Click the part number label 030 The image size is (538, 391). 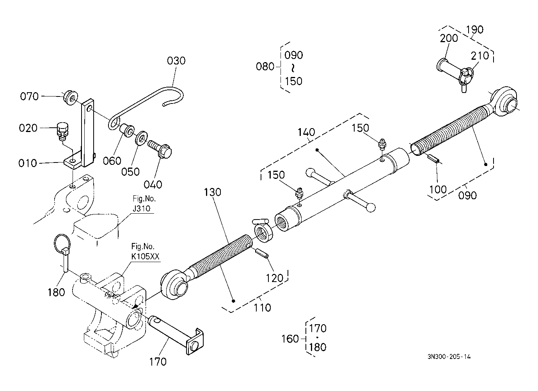click(176, 61)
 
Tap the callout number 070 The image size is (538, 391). click(29, 96)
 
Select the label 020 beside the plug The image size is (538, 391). click(28, 128)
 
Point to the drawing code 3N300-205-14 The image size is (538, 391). click(449, 357)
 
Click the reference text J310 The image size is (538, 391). click(142, 208)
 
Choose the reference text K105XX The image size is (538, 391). click(145, 256)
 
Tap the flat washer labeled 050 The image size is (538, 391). click(142, 138)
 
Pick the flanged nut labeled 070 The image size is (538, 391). click(70, 97)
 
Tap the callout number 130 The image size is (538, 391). click(212, 192)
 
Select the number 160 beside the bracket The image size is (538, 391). click(290, 339)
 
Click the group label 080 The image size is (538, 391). click(265, 66)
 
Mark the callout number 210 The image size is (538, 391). click(480, 56)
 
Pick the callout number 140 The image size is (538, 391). click(306, 132)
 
